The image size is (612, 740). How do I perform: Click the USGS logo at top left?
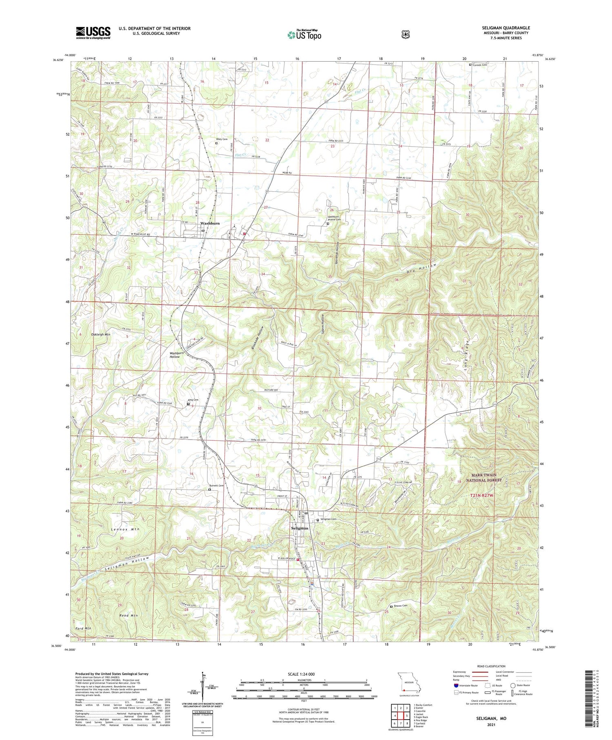tap(93, 33)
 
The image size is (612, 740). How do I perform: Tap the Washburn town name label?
tap(210, 223)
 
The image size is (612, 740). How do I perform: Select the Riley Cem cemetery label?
tap(222, 139)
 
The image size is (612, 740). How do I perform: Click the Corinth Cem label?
tap(480, 65)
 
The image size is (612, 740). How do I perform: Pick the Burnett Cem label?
tap(216, 486)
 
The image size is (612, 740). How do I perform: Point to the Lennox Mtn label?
tap(125, 529)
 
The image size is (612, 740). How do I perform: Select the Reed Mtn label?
tap(129, 615)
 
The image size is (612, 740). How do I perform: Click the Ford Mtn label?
tap(83, 628)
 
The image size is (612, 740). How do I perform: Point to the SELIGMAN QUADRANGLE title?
tap(506, 28)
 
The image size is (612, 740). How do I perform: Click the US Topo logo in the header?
tap(304, 35)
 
